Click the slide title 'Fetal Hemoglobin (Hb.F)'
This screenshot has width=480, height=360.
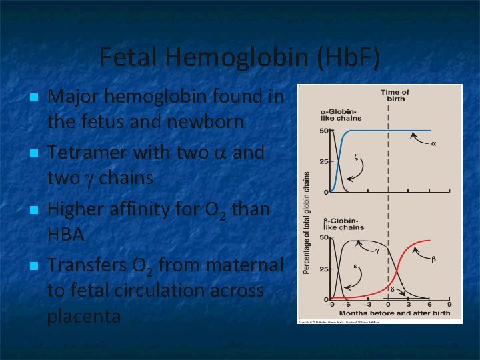[240, 57]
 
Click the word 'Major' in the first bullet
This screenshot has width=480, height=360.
[73, 97]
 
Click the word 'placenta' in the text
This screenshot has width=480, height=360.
[83, 315]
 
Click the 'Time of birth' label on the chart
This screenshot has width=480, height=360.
[395, 95]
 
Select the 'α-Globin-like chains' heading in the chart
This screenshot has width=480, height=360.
[341, 114]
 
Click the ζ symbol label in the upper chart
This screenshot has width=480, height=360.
[356, 157]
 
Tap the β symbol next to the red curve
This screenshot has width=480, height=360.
[433, 259]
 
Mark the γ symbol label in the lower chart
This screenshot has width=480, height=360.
[377, 252]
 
